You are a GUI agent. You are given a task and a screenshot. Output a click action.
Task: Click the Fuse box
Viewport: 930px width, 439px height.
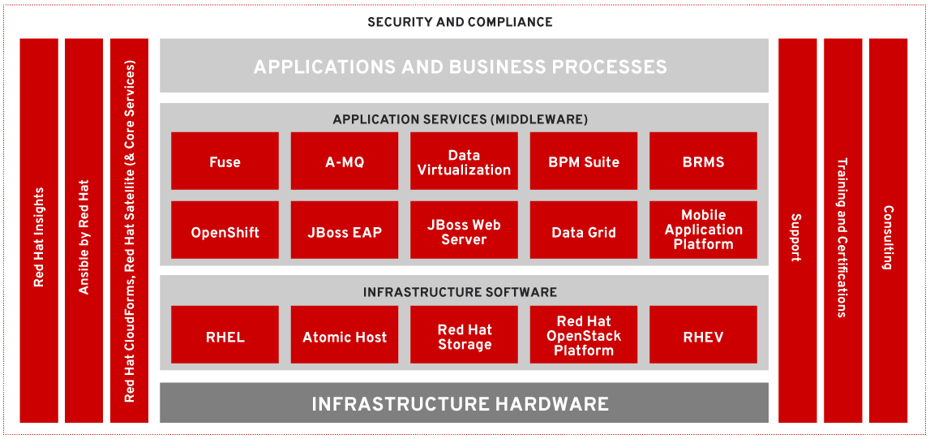[225, 161]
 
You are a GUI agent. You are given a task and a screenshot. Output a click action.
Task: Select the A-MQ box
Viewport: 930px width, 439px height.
[345, 161]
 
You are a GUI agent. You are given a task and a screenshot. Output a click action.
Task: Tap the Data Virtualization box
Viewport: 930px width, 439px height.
[464, 161]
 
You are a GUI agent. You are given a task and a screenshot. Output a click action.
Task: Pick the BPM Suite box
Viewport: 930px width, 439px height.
[584, 161]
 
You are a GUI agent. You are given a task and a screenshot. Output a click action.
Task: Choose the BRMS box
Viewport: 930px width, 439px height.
[703, 161]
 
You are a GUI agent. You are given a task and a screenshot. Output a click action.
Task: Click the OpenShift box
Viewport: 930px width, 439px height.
[225, 231]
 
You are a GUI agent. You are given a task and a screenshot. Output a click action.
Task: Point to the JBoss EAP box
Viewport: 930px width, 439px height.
[345, 231]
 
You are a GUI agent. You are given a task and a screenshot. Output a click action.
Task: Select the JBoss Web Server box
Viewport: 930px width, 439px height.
[464, 231]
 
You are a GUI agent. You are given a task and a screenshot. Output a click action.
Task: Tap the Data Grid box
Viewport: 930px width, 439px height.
[584, 231]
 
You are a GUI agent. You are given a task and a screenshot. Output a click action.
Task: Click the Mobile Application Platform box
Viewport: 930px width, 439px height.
[703, 230]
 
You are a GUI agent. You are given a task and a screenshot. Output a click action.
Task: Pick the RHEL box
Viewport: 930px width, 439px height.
[225, 335]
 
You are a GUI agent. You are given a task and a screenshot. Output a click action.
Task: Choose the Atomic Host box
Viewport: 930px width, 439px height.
[345, 335]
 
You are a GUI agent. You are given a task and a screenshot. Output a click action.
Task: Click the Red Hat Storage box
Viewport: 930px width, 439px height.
[464, 335]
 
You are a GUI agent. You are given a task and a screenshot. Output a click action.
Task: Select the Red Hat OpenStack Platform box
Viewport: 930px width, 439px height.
[584, 335]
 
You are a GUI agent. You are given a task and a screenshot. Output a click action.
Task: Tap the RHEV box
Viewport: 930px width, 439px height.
[703, 335]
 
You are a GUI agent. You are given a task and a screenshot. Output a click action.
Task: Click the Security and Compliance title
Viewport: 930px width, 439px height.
[460, 22]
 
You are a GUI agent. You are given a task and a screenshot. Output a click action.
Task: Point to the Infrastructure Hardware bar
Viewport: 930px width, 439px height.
[464, 403]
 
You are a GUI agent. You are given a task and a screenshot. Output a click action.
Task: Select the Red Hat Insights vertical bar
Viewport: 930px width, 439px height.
[39, 231]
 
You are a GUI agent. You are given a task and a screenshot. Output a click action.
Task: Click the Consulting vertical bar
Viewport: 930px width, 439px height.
[888, 231]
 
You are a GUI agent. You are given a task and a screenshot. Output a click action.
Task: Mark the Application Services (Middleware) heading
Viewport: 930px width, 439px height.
[460, 119]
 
